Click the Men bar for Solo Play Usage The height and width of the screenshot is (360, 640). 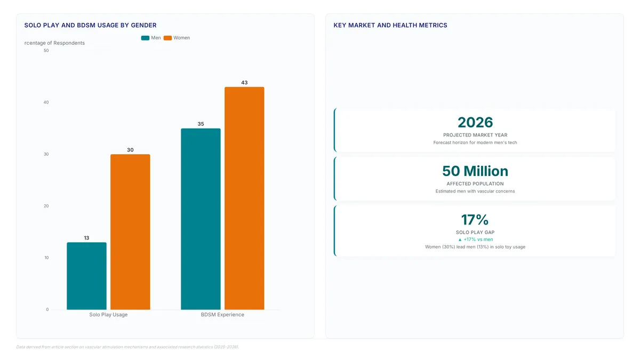point(86,276)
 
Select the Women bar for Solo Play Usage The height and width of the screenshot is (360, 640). point(130,232)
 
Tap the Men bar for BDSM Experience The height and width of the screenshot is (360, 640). point(201,219)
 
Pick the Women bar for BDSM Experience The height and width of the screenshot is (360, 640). point(244,198)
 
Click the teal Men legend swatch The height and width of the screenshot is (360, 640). point(145,38)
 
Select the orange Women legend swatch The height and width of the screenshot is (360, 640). point(167,38)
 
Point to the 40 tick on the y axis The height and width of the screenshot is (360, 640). point(46,102)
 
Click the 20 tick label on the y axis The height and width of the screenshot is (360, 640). point(46,206)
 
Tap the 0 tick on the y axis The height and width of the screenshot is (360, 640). point(47,309)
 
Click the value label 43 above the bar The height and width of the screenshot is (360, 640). point(244,83)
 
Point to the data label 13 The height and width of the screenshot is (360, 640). point(86,238)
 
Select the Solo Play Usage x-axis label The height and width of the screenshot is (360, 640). point(108,315)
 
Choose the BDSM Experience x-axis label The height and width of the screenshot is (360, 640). point(222,315)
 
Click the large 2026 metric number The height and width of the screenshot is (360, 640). point(475,122)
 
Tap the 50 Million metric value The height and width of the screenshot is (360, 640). point(475,171)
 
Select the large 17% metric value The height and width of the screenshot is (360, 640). point(475,220)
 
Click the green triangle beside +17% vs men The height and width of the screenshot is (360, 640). point(460,239)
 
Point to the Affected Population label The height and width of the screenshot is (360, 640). point(475,183)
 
